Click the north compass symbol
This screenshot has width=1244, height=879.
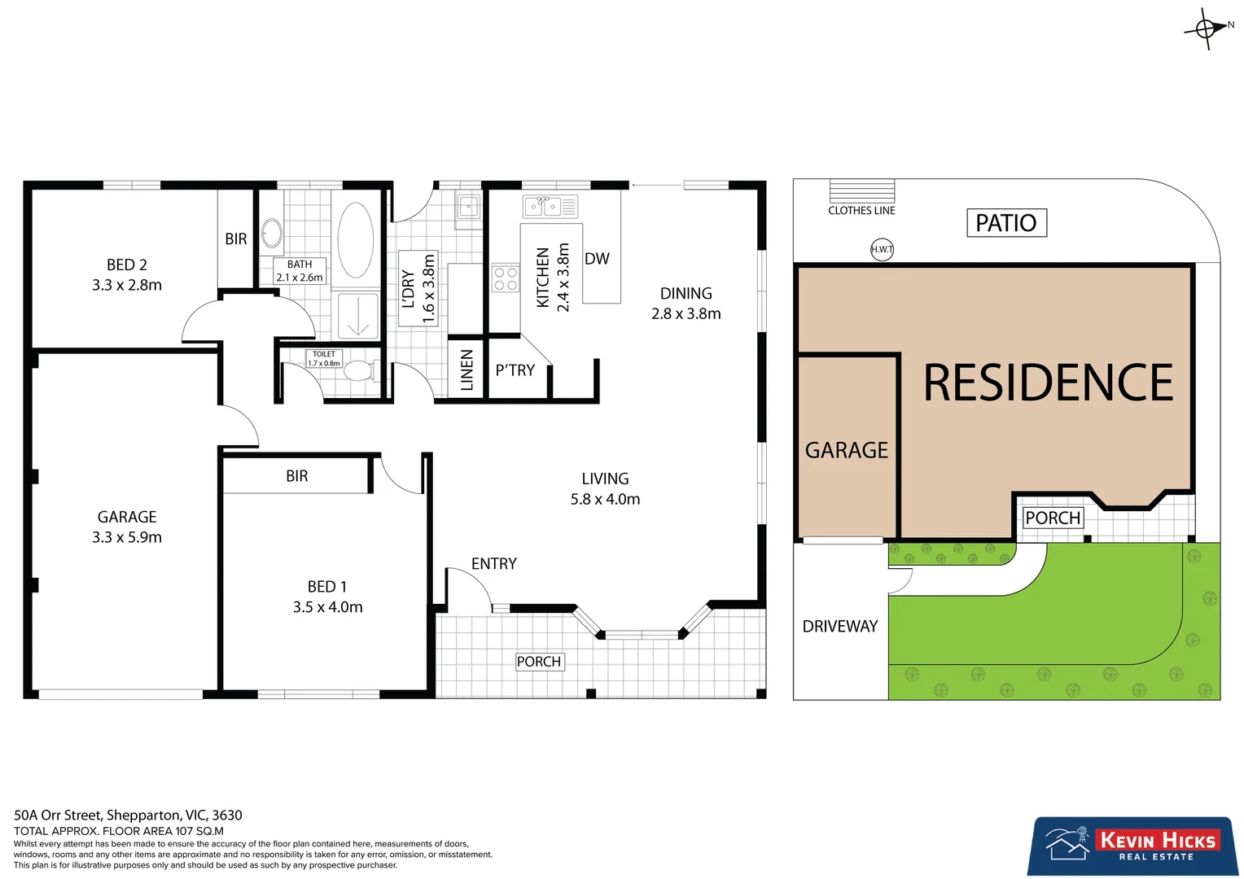[1207, 28]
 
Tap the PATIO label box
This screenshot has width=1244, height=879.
[1006, 222]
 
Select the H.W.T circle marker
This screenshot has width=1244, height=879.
[882, 249]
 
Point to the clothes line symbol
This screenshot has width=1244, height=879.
[861, 191]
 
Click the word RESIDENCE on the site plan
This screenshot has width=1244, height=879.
[1048, 383]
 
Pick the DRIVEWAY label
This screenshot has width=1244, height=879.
[840, 626]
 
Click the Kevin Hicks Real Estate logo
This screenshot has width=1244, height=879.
[1132, 846]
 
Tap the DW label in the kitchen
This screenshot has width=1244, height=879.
[597, 259]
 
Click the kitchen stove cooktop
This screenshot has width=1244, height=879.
[506, 278]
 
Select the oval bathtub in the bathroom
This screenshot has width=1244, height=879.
[356, 240]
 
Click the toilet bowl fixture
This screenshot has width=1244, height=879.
[359, 371]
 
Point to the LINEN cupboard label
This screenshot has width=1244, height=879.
[467, 370]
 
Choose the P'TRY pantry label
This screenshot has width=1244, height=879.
[515, 370]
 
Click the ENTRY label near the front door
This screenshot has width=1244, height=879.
[493, 563]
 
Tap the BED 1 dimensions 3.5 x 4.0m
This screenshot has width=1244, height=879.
[327, 607]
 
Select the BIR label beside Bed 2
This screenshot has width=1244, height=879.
[236, 239]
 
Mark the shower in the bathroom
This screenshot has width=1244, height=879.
[357, 316]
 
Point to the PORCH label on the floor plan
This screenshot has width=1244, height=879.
[539, 662]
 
